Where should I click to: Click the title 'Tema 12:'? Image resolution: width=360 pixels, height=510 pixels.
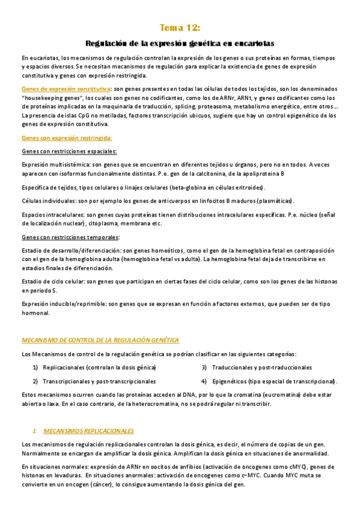(180, 28)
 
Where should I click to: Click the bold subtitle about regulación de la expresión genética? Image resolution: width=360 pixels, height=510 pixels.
(180, 44)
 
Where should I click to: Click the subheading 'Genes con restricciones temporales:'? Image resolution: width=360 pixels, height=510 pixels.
(70, 237)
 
